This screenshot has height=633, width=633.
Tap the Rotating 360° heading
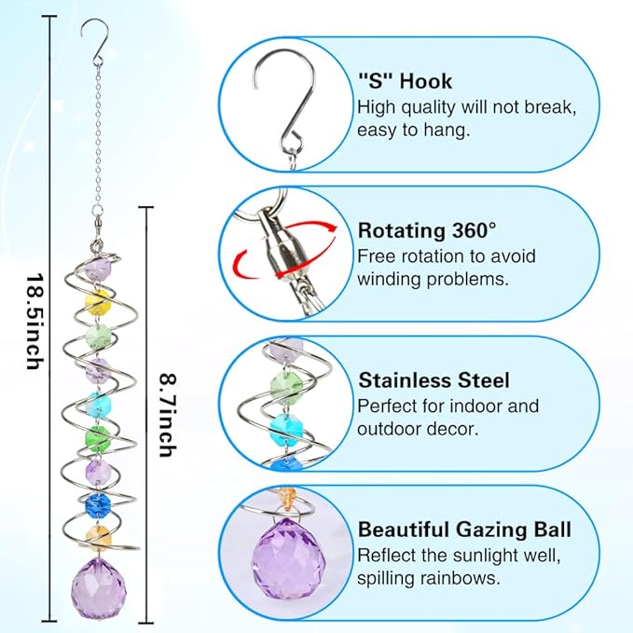[428, 230]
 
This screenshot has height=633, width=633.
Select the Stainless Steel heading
[433, 380]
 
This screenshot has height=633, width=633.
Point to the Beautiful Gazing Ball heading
[464, 530]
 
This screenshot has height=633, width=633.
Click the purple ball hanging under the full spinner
[97, 583]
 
